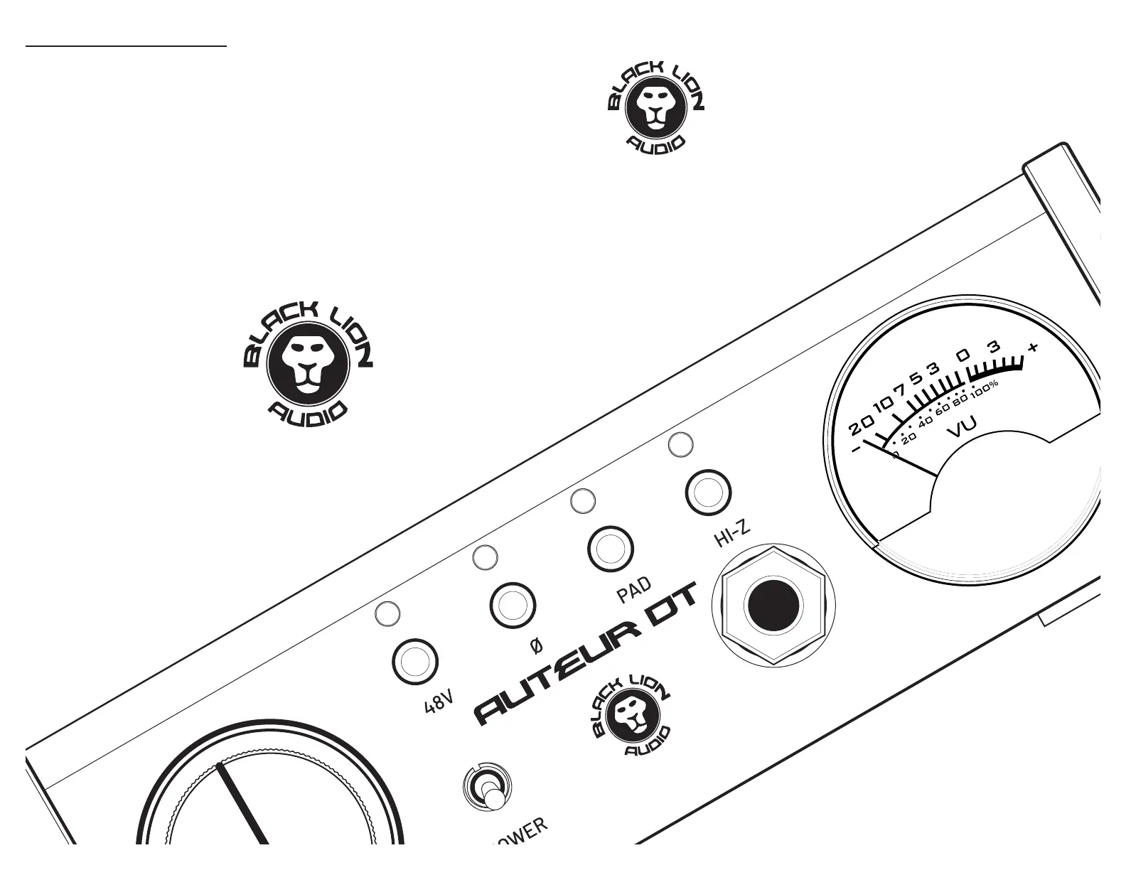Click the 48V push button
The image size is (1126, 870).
pyautogui.click(x=415, y=662)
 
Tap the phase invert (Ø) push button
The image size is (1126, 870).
pyautogui.click(x=513, y=606)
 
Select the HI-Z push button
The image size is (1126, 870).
pyautogui.click(x=708, y=492)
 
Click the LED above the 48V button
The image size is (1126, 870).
pyautogui.click(x=387, y=614)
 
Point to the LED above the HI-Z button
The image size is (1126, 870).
pyautogui.click(x=681, y=444)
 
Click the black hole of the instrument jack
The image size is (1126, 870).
pyautogui.click(x=773, y=606)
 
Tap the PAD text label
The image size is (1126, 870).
pyautogui.click(x=634, y=590)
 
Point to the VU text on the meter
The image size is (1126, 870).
pyautogui.click(x=963, y=427)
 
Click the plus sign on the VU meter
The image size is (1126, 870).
pyautogui.click(x=1033, y=348)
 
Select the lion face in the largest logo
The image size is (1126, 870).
pyautogui.click(x=308, y=363)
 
